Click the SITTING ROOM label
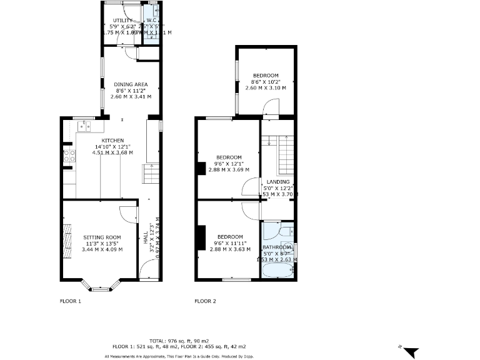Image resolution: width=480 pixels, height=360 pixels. (x=103, y=237)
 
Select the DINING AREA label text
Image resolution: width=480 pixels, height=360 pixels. (x=131, y=84)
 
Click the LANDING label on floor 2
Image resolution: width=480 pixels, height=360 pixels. (x=278, y=182)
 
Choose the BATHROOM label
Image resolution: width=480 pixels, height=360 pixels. (x=277, y=247)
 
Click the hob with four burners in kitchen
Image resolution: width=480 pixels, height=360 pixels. (x=69, y=156)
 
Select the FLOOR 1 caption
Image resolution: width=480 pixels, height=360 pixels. (x=70, y=301)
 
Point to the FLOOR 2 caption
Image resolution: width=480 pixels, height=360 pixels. (x=205, y=301)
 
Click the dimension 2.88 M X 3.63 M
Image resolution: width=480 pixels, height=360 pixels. (x=227, y=249)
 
